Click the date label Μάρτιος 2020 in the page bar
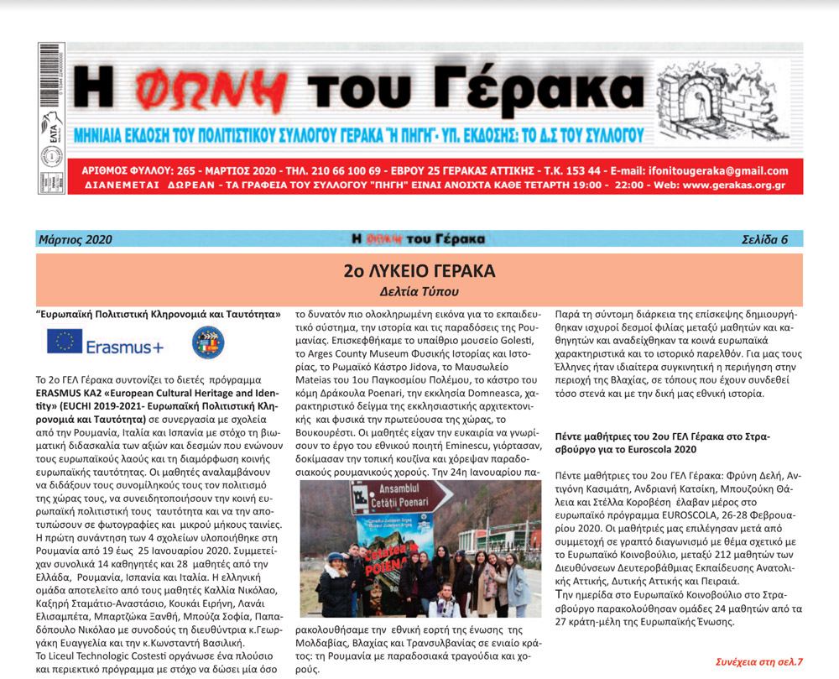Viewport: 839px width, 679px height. (75, 240)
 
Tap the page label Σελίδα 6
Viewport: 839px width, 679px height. (764, 240)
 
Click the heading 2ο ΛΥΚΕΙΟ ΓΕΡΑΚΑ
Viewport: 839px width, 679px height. (419, 271)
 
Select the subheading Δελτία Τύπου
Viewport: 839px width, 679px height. (419, 292)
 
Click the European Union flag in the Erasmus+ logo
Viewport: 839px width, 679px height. (65, 341)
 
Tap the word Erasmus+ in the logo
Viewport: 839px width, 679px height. (125, 346)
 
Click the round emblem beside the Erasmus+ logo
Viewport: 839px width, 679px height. (208, 342)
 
